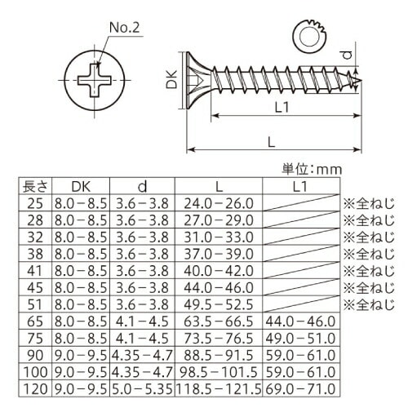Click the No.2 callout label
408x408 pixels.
pyautogui.click(x=125, y=28)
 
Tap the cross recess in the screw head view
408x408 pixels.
pyautogui.click(x=95, y=80)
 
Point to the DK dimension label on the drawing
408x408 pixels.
pyautogui.click(x=172, y=79)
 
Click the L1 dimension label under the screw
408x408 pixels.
pyautogui.click(x=282, y=107)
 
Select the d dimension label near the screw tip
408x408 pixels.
pyautogui.click(x=347, y=55)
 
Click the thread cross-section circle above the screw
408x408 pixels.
pyautogui.click(x=310, y=36)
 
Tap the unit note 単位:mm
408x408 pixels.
pyautogui.click(x=312, y=170)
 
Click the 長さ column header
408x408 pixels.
pyautogui.click(x=35, y=187)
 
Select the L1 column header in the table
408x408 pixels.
pyautogui.click(x=300, y=187)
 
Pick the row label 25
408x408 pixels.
pyautogui.click(x=35, y=203)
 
